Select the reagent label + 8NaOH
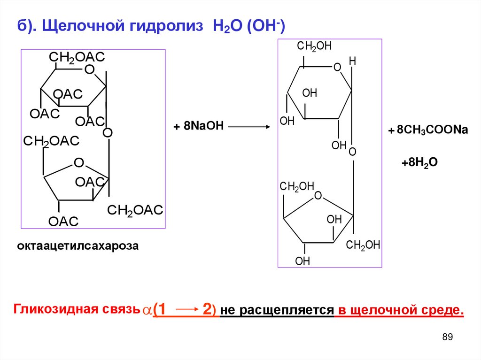(199, 127)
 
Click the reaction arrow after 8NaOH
(249, 127)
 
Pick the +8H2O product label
(419, 162)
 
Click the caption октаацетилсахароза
(78, 246)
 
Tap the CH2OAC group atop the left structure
(77, 57)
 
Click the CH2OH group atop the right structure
(314, 46)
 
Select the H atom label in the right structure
(353, 61)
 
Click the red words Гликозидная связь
(77, 310)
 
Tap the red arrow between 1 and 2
(186, 310)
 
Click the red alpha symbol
(147, 311)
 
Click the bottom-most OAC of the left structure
(62, 222)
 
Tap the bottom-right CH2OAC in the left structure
(135, 211)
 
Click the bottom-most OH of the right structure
(303, 261)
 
